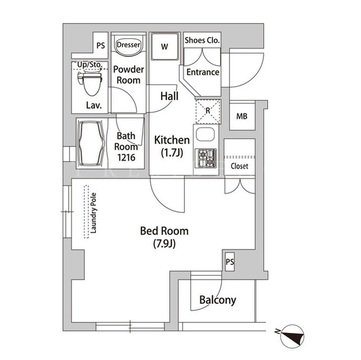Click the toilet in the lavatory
point(89,82)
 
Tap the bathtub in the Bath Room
point(90,143)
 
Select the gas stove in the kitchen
point(207,158)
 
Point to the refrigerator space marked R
point(208,111)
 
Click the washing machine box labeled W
point(165,46)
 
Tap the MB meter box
point(242,116)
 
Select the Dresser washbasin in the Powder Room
point(128,46)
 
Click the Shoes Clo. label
point(202,40)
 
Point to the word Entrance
point(203,72)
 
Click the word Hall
point(169,96)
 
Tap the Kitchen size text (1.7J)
point(172,154)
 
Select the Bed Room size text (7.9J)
point(164,244)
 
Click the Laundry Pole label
point(94,213)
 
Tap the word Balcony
point(218,300)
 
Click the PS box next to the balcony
point(230,262)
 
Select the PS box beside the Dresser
point(101,46)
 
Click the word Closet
point(239,166)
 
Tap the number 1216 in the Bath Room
point(126,157)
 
